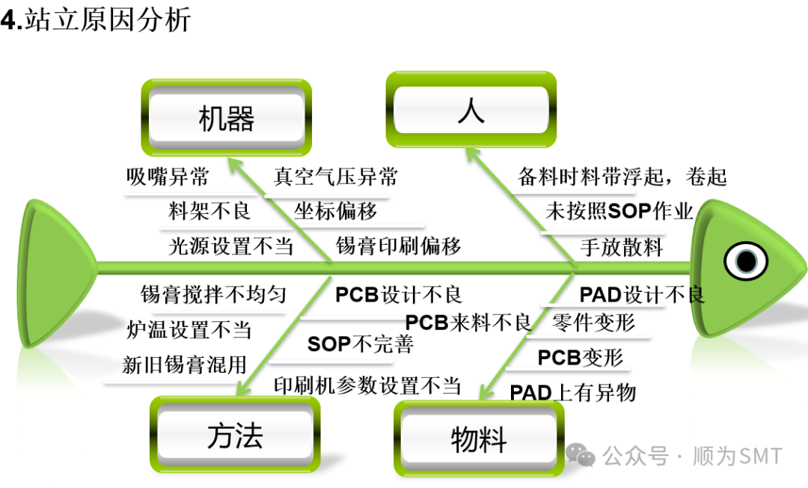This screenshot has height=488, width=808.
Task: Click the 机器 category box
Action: [226, 118]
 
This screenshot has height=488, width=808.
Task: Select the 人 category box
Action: [471, 111]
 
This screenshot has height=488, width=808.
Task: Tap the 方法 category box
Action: [235, 436]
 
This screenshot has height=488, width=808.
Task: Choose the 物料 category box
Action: [479, 439]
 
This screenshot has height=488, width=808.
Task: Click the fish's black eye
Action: [746, 260]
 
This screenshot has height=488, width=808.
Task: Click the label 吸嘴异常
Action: [168, 177]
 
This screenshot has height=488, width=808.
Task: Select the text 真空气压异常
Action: [335, 177]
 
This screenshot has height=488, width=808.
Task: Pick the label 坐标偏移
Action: [335, 211]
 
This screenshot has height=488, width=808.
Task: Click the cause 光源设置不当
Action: [230, 245]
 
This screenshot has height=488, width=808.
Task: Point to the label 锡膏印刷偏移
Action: [398, 245]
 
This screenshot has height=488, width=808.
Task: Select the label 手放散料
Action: [621, 247]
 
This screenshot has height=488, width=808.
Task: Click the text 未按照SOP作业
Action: [619, 211]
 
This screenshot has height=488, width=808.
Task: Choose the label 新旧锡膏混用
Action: [184, 365]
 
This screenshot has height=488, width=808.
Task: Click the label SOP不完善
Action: [360, 344]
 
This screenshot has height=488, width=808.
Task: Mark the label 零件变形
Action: [593, 323]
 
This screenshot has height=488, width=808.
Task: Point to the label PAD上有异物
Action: [572, 392]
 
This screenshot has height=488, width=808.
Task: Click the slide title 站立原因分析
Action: [107, 20]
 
